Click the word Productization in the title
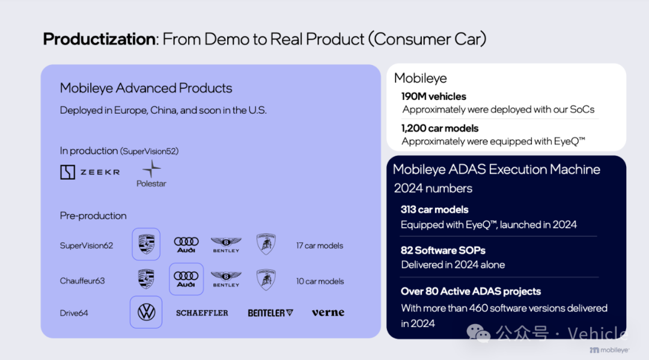[99, 39]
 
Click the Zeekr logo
[90, 172]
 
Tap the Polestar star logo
[151, 169]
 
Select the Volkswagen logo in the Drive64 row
[146, 313]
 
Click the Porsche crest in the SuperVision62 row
[146, 244]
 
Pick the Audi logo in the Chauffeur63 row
[186, 279]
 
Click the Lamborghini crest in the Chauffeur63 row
[266, 279]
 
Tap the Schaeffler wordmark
[202, 313]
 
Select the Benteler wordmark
[270, 313]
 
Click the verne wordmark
[328, 313]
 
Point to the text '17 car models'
[320, 246]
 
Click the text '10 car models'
[320, 281]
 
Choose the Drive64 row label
[74, 313]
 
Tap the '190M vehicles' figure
[434, 96]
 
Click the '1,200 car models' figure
[440, 128]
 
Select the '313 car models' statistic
[434, 210]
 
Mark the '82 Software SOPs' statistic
[443, 251]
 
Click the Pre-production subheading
[93, 216]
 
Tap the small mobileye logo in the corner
[609, 350]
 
